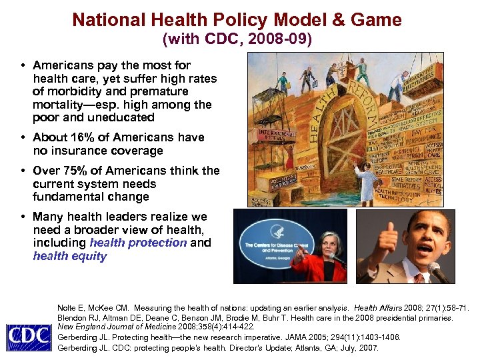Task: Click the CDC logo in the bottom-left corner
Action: (x=28, y=336)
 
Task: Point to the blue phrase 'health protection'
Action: (x=138, y=243)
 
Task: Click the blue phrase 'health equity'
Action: (x=69, y=256)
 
